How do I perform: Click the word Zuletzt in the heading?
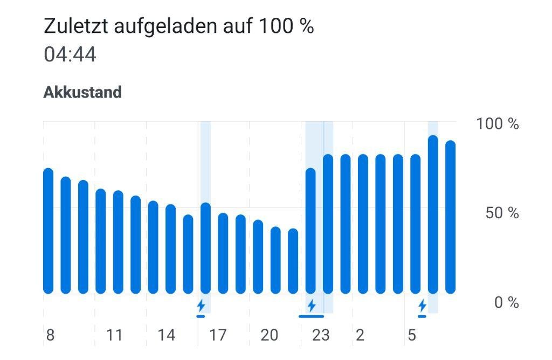coord(75,26)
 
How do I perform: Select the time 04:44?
coord(70,54)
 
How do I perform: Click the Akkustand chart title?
coord(82,92)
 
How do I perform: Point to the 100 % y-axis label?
coord(497,124)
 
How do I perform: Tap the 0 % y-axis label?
coord(506,302)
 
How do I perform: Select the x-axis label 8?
coord(50,335)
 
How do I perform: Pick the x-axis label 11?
coord(114,335)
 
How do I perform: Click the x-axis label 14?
coord(166,335)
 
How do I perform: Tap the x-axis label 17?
coord(217,335)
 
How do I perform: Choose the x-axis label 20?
coord(269,335)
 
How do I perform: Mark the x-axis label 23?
coord(321,335)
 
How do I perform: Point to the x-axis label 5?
coord(412,335)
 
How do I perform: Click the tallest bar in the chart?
coord(433,216)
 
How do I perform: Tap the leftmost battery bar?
coord(49,232)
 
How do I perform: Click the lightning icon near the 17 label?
coord(201,306)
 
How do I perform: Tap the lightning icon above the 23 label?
coord(311,306)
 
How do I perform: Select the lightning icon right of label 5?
coord(422,306)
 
